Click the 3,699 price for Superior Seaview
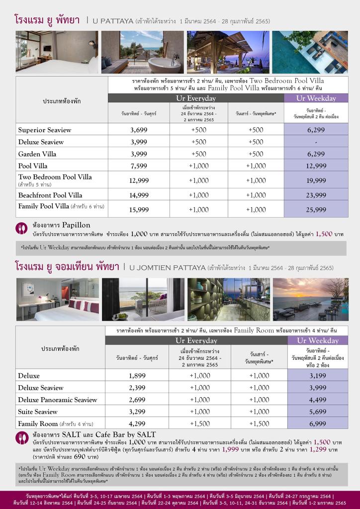(139, 130)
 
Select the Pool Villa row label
(32, 166)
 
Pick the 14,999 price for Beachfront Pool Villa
(139, 195)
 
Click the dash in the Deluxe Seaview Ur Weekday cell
(316, 142)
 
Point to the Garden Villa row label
(37, 154)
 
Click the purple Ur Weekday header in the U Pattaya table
(316, 98)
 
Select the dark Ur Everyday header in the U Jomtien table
(196, 340)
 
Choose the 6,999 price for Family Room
(317, 424)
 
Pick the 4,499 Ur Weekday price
(317, 400)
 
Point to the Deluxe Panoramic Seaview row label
(58, 400)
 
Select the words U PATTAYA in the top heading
(112, 21)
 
